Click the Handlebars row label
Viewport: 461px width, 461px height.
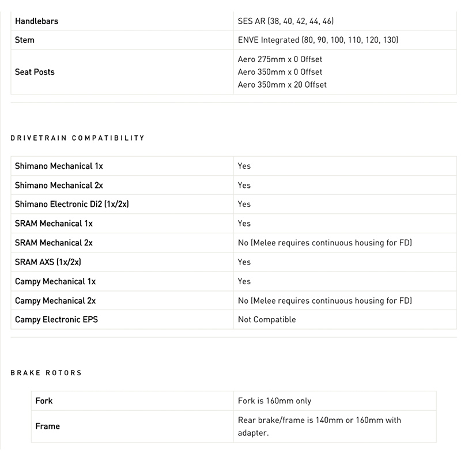36,21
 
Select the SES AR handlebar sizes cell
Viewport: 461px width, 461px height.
286,21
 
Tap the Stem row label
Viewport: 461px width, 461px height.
25,40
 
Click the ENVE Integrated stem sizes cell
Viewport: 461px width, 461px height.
318,40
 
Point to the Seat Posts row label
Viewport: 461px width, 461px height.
35,72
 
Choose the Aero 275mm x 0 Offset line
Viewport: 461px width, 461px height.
280,59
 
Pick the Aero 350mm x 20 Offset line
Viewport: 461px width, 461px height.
282,85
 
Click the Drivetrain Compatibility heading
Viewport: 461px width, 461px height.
78,138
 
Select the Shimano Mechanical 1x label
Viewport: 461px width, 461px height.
59,166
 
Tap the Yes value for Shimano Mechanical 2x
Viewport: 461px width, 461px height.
244,186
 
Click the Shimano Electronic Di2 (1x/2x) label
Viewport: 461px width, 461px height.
75,205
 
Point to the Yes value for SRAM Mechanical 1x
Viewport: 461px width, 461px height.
244,224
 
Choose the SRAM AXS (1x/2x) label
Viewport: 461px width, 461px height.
48,262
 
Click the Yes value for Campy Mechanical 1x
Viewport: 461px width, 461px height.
244,281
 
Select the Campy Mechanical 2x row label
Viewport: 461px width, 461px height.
55,301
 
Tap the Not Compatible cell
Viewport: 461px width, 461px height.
267,320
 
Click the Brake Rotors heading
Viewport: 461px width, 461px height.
46,373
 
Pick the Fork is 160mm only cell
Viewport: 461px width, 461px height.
274,401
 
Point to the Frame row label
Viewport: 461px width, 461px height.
47,426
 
